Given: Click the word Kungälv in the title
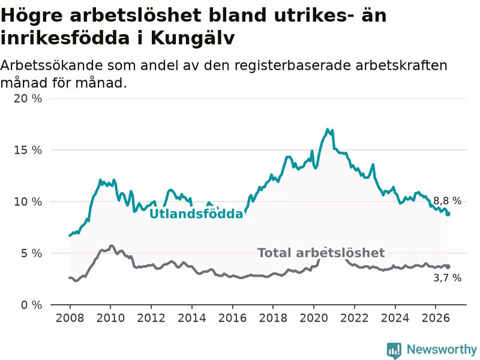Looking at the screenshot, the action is click(x=193, y=39).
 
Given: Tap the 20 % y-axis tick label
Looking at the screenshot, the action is click(x=28, y=98).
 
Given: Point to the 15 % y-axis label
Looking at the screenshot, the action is click(x=28, y=150).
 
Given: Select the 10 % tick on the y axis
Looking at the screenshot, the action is click(x=28, y=202).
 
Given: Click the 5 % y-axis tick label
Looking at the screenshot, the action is click(x=31, y=253).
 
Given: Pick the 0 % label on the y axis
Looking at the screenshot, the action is click(x=31, y=305).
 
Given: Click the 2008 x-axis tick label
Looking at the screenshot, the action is click(x=70, y=318).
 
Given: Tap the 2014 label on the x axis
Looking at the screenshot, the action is click(x=191, y=318).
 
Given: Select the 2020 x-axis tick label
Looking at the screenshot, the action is click(x=314, y=318).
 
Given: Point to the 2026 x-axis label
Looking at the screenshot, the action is click(x=436, y=318).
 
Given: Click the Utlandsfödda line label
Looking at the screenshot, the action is click(x=196, y=214).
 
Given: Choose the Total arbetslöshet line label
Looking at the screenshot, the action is click(x=321, y=253).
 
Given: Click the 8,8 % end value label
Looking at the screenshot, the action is click(x=447, y=201).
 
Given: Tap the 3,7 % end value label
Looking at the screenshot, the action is click(x=447, y=278).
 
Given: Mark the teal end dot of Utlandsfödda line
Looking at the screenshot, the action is click(x=448, y=214).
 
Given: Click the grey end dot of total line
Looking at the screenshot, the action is click(x=448, y=266).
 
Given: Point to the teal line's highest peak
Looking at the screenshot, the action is click(x=327, y=129).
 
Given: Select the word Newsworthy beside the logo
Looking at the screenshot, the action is click(x=442, y=349).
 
